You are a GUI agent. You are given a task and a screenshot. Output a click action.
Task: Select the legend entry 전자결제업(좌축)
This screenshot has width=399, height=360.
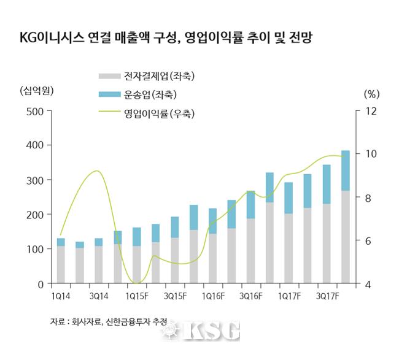tap(150, 76)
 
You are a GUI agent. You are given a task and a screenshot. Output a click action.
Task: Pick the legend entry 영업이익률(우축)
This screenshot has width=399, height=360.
tap(150, 113)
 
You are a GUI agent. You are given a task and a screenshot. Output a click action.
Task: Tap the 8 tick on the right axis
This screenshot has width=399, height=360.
tap(367, 198)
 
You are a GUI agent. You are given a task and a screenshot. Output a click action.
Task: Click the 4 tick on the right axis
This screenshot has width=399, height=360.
tap(367, 284)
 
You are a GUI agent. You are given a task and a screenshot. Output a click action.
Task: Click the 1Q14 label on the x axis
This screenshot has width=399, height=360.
tap(61, 296)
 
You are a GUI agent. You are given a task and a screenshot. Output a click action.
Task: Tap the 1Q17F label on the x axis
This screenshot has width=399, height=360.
tap(290, 296)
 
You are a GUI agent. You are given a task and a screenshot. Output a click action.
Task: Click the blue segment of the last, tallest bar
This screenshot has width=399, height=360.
tap(346, 170)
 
